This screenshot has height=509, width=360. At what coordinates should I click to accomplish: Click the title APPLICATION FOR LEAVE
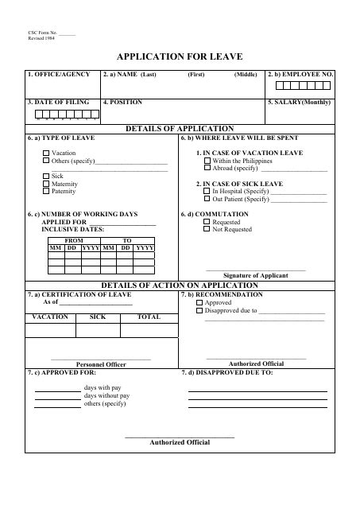click(180, 56)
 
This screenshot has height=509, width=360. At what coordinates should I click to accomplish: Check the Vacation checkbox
click(45, 153)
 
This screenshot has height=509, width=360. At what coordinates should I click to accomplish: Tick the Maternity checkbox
click(45, 184)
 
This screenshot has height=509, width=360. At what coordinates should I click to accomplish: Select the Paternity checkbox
click(45, 192)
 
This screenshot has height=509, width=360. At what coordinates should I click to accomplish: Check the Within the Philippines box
click(207, 161)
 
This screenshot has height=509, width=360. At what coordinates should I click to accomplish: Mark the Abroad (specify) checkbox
click(207, 169)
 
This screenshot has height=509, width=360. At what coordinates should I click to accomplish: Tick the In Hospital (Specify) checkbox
click(207, 192)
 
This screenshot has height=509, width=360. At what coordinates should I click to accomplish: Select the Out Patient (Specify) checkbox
click(207, 200)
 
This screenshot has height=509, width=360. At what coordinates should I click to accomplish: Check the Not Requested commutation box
click(207, 230)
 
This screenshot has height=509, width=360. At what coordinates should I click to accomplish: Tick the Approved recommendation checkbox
click(199, 303)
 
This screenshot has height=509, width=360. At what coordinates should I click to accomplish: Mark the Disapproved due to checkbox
click(199, 311)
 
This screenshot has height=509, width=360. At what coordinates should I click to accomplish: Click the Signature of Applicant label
click(255, 275)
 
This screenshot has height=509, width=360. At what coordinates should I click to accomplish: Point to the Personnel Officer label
click(101, 364)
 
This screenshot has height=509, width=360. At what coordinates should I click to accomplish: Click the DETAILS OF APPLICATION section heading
click(180, 128)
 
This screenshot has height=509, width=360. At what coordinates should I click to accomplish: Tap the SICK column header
click(98, 317)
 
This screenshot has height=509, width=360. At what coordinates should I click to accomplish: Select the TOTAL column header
click(149, 317)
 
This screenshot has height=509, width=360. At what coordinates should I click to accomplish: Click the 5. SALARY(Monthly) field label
click(299, 103)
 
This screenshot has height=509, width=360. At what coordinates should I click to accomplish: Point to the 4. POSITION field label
click(123, 103)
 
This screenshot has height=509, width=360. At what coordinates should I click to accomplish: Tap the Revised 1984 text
click(41, 38)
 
